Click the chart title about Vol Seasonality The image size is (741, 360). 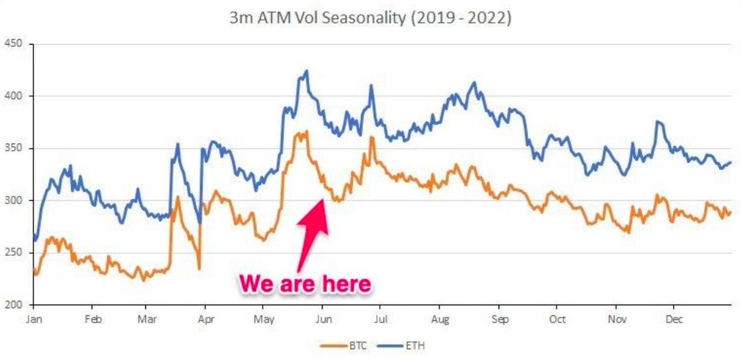point(370,18)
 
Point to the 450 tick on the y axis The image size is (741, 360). point(13,44)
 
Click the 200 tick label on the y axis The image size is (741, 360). point(13,305)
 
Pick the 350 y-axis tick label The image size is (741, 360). point(13,148)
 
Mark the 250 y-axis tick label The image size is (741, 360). point(13,253)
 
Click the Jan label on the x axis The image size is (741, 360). point(34,319)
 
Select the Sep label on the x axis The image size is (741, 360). point(500,319)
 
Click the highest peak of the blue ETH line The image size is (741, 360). point(307,71)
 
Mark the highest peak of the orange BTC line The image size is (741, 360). point(307,131)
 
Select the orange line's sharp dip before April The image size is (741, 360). point(198,268)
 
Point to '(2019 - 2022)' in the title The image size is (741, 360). point(460,18)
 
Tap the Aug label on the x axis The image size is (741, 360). point(441,319)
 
